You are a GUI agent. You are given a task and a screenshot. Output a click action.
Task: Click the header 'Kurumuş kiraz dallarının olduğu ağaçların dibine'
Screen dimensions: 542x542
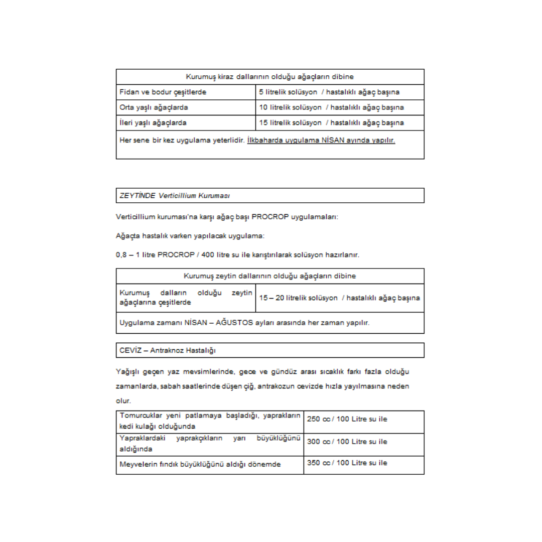(x=270, y=77)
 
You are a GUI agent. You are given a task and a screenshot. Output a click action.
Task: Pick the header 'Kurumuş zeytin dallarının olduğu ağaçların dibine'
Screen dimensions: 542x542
(x=270, y=276)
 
